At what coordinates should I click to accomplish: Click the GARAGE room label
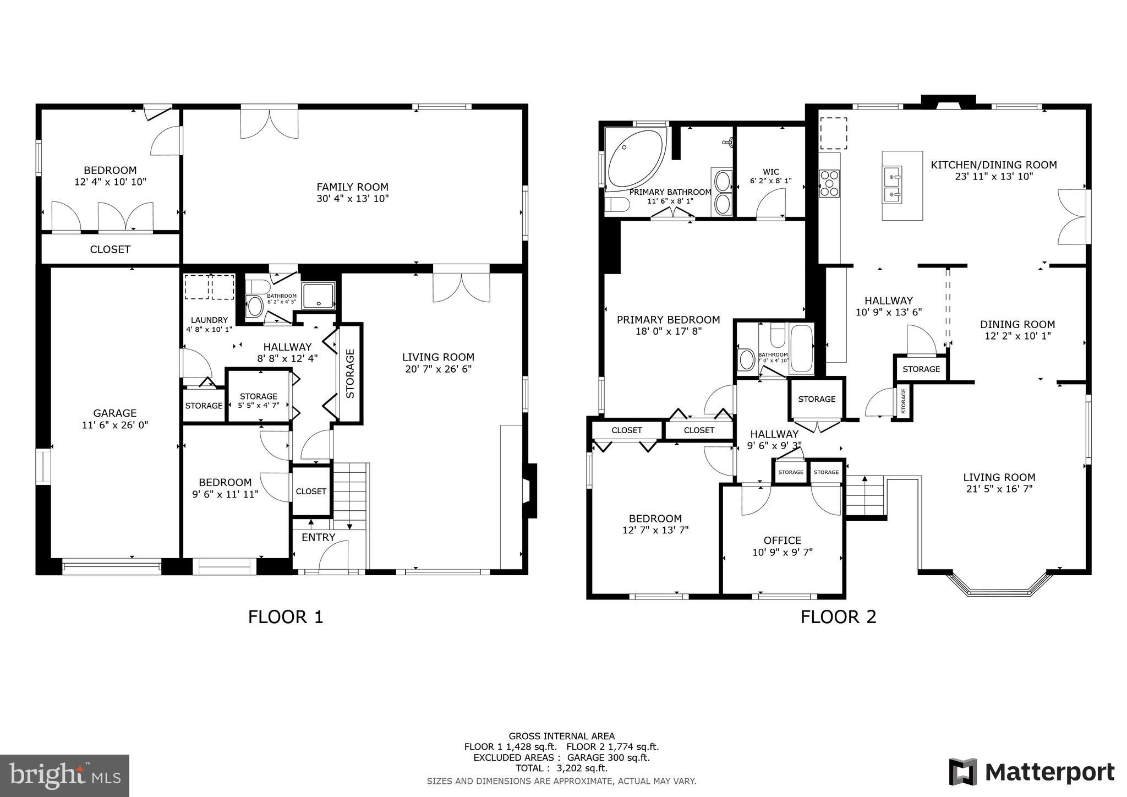tap(114, 413)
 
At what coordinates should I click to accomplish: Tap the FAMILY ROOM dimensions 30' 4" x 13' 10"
tap(352, 199)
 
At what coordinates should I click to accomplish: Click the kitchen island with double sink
tap(902, 185)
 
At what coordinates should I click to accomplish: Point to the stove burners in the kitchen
tap(829, 183)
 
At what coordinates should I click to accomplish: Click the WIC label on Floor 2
tap(770, 172)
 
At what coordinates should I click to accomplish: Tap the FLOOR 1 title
tap(285, 616)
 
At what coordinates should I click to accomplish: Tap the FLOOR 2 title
tap(838, 616)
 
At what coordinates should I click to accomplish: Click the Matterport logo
tap(1031, 772)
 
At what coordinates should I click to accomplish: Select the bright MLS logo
tap(64, 776)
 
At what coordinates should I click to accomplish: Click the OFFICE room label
tap(782, 541)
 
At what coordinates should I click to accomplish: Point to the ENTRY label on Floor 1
tap(318, 538)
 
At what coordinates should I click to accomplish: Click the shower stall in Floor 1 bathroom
tap(319, 296)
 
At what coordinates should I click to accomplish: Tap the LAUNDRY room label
tap(209, 320)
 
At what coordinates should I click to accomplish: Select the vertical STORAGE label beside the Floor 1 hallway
tap(351, 373)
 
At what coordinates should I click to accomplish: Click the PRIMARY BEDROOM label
tap(668, 320)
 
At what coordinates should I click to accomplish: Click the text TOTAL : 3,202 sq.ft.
tap(561, 768)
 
